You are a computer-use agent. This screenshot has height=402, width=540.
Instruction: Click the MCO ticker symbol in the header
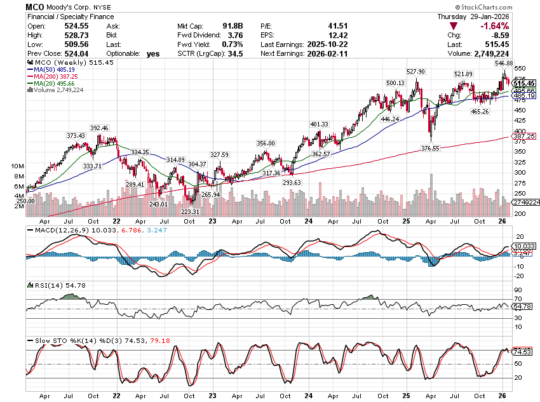[x=34, y=6]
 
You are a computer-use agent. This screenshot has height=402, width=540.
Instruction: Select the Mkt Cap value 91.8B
[x=230, y=26]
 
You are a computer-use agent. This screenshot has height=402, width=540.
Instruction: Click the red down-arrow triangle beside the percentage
[x=453, y=26]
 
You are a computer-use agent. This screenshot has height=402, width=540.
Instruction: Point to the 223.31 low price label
[x=190, y=211]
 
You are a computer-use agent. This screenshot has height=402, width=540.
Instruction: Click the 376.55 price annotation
[x=430, y=148]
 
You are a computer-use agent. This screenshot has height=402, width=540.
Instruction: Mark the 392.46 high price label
[x=99, y=128]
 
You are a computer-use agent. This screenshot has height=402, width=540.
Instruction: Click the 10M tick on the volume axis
[x=17, y=166]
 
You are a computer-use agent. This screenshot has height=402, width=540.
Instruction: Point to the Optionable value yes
[x=152, y=54]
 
